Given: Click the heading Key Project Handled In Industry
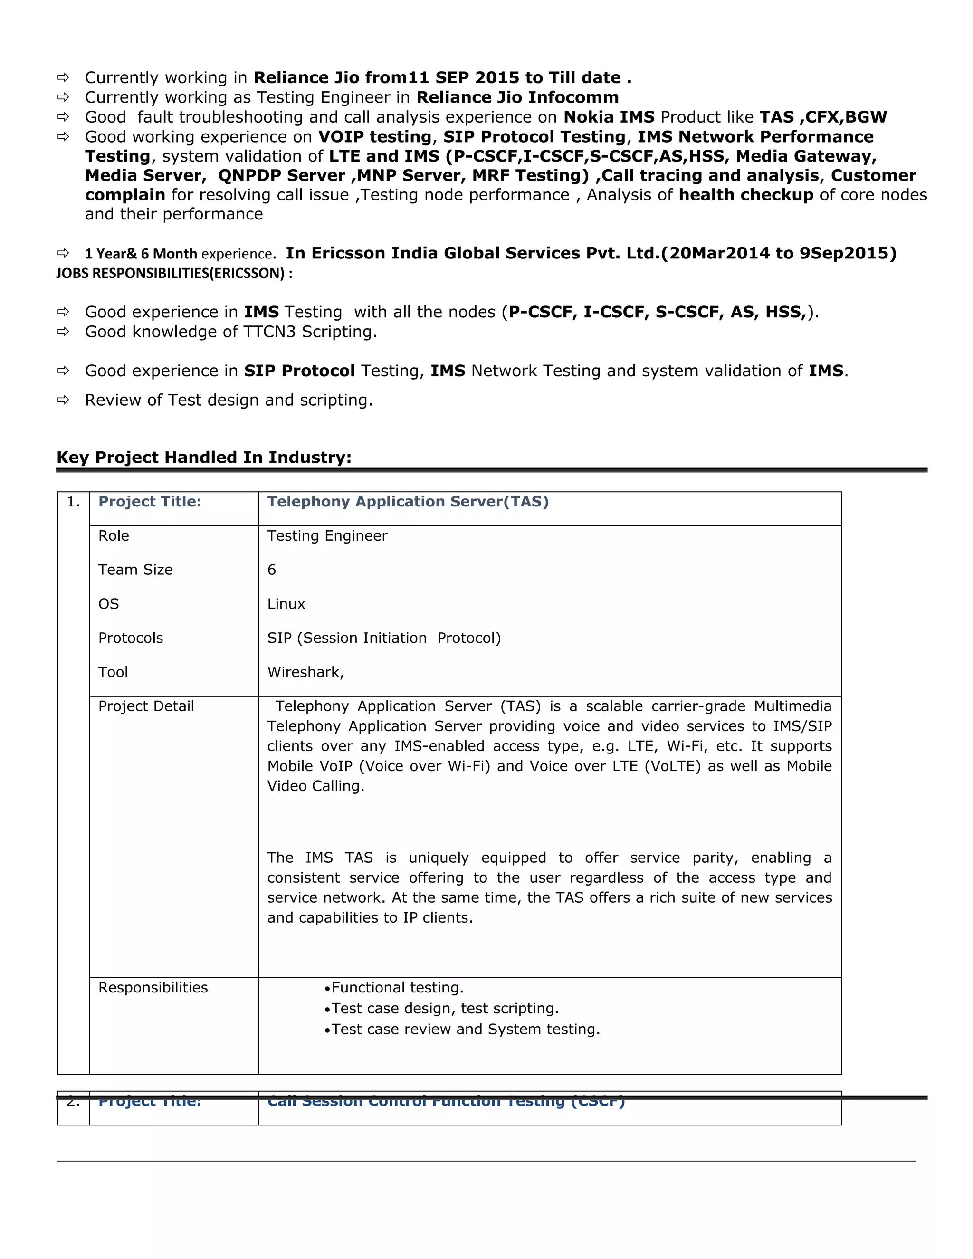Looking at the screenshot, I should (x=203, y=457).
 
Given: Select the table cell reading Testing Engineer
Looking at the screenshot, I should (x=327, y=535).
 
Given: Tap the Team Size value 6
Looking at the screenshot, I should (x=271, y=570).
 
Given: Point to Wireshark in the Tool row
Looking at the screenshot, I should (x=305, y=672).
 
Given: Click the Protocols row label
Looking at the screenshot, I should (x=130, y=638).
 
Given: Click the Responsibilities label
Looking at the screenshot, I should (x=153, y=988).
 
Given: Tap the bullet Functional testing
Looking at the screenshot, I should (x=397, y=988).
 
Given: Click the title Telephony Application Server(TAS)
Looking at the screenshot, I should (x=408, y=502).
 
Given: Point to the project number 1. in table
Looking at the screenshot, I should (x=73, y=502).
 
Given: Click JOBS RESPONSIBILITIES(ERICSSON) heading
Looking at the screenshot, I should (x=174, y=273).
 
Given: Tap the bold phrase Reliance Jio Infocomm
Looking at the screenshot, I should (x=517, y=97).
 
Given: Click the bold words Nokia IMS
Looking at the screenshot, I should (x=609, y=117).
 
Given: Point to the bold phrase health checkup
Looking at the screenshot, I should (x=746, y=195).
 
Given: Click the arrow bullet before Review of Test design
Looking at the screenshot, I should (x=63, y=400).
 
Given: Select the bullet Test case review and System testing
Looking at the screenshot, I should (x=465, y=1029).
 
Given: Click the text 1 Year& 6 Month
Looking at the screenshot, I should (x=141, y=254).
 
